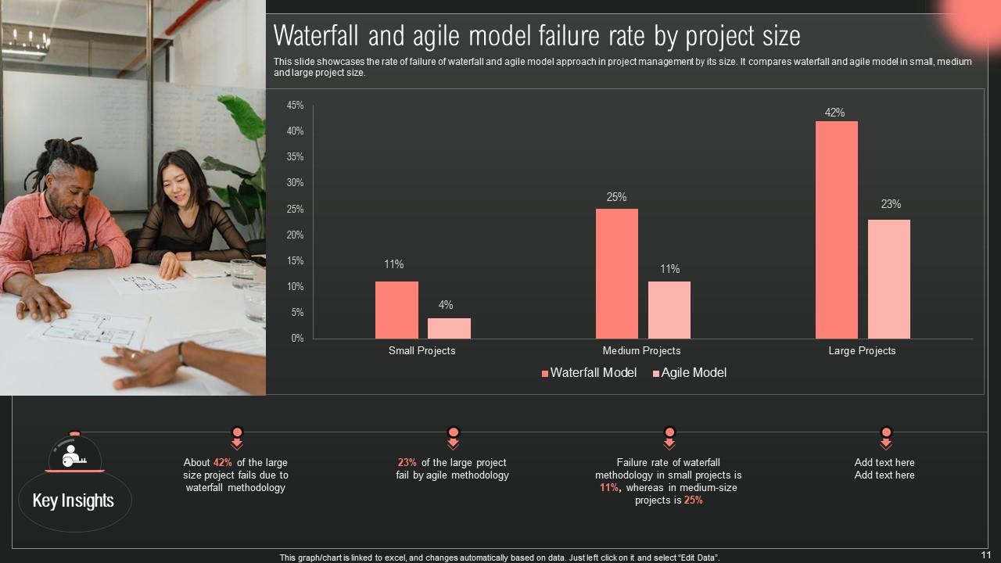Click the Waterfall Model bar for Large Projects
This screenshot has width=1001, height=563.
click(836, 230)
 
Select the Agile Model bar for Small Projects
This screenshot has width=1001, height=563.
click(449, 328)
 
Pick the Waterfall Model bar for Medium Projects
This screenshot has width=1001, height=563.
click(616, 274)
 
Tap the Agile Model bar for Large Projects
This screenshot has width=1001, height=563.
click(888, 279)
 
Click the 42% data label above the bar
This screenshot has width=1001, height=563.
click(834, 113)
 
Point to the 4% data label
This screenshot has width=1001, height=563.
click(446, 305)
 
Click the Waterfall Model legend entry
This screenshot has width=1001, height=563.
click(589, 373)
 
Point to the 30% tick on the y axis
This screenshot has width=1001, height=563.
click(295, 183)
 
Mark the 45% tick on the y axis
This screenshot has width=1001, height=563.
click(295, 106)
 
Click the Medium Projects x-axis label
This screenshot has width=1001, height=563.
click(641, 351)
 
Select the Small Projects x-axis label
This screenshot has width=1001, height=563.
click(422, 351)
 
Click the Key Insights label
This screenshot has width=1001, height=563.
click(74, 500)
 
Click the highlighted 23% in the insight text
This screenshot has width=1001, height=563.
click(407, 463)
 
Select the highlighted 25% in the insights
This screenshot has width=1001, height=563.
click(693, 500)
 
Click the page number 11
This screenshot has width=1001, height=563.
click(985, 554)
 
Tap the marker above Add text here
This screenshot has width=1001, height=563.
click(885, 436)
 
